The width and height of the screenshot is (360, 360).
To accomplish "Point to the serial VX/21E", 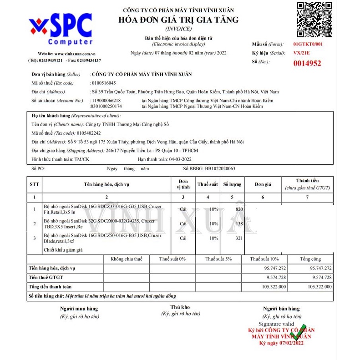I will pyautogui.click(x=302, y=53).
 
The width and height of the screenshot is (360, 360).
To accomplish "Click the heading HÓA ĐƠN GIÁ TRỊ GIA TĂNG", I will pyautogui.click(x=178, y=20).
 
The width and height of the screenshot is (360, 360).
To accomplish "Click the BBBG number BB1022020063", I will pyautogui.click(x=220, y=168).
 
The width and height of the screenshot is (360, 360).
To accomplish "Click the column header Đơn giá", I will pyautogui.click(x=263, y=184).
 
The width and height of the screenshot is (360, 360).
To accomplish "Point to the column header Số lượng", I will pyautogui.click(x=232, y=184).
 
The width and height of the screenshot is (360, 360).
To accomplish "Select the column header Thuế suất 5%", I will pyautogui.click(x=218, y=259).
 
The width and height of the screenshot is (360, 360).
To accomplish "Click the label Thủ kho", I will pyautogui.click(x=180, y=308).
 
